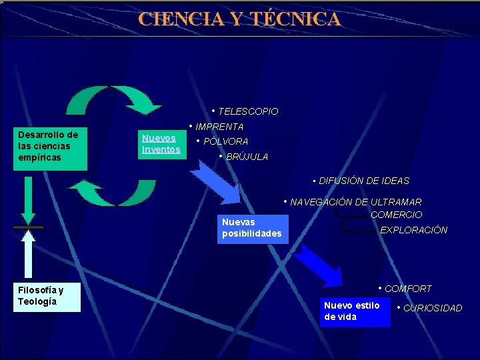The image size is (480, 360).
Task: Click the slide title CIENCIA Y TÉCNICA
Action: (x=239, y=19)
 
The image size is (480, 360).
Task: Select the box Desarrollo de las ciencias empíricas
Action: (x=51, y=146)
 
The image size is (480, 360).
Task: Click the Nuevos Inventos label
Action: (x=161, y=143)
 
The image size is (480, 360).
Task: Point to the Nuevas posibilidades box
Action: (x=252, y=227)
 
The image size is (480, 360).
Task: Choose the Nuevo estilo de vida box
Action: (x=354, y=311)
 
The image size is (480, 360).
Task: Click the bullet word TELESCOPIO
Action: (x=248, y=111)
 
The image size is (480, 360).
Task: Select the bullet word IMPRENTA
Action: (x=219, y=127)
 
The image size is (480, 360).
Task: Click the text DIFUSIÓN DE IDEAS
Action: (x=364, y=181)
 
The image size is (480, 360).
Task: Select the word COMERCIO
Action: (x=396, y=215)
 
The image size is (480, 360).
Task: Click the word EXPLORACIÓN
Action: (x=413, y=230)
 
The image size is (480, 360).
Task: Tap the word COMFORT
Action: (x=408, y=289)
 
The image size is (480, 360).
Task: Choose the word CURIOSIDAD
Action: (x=433, y=308)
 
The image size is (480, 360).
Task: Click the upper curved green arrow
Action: (x=113, y=100)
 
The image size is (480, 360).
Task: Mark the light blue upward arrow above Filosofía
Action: (x=28, y=252)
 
